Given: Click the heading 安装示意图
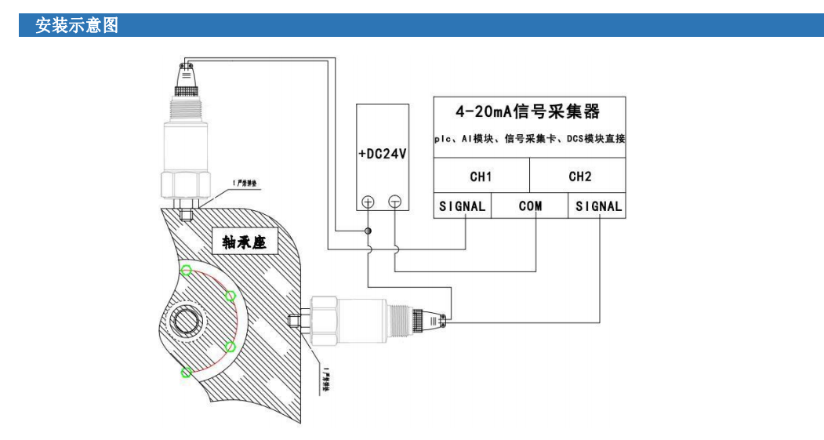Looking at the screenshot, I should coord(77,25).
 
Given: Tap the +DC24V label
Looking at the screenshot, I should coord(382,154).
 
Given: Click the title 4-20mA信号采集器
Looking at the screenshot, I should coord(528,110).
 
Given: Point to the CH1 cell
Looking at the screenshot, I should coord(481,176).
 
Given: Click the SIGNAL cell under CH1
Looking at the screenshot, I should coord(463,206).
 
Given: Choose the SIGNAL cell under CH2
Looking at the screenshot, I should coord(598,206).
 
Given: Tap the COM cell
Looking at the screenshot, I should coord(531,206).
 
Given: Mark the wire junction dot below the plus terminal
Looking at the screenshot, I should coord(368,231).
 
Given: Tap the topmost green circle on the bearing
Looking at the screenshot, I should coord(187,271).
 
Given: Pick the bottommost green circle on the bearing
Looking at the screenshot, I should coord(186,372).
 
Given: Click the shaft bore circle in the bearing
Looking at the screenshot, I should coord(189,321).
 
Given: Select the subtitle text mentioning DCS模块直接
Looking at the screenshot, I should coord(529,139).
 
